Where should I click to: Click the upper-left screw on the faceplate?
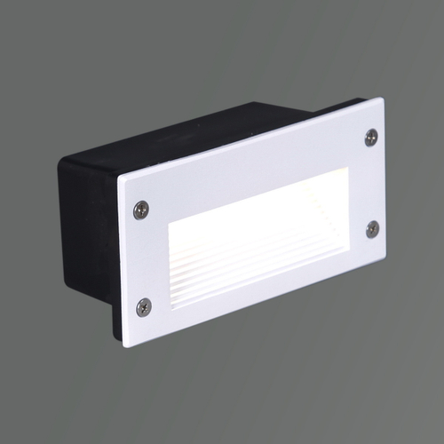pyautogui.click(x=140, y=210)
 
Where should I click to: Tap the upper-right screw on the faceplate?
pyautogui.click(x=371, y=137)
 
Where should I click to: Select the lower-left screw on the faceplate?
pyautogui.click(x=144, y=306)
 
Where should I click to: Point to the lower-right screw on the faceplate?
pyautogui.click(x=373, y=228)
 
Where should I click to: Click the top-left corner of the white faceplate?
pyautogui.click(x=119, y=177)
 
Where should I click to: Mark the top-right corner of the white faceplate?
pyautogui.click(x=383, y=99)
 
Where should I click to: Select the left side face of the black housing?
pyautogui.click(x=89, y=231)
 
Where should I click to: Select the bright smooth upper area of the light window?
pyautogui.click(x=258, y=213)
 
